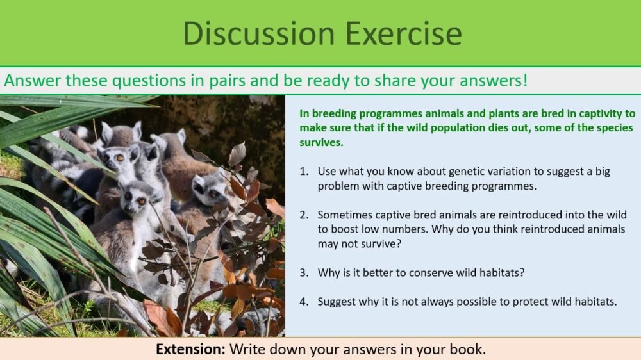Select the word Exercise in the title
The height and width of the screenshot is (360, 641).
pos(392,33)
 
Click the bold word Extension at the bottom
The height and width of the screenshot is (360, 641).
pos(190,349)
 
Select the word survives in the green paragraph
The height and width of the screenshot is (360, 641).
pos(321,142)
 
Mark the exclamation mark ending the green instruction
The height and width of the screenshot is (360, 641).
pos(526,81)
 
